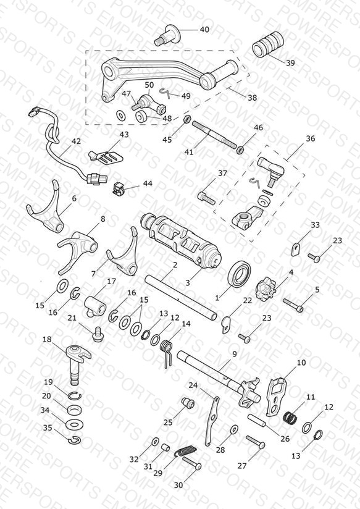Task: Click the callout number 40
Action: (204, 30)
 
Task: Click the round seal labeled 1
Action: (240, 273)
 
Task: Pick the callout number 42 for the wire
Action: (77, 141)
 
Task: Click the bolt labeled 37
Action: (206, 198)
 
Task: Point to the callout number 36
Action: (311, 138)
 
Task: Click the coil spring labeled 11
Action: (290, 417)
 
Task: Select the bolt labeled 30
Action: (192, 463)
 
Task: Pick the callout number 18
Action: (47, 340)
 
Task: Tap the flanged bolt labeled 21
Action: (97, 334)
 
